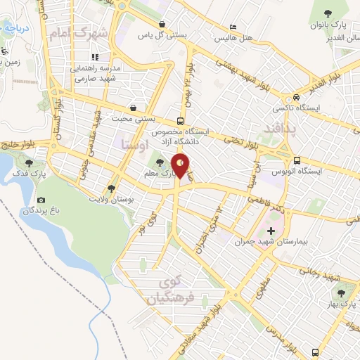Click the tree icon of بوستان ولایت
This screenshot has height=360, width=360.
112,188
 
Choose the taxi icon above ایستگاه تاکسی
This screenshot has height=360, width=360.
297,97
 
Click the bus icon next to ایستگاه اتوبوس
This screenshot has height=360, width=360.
297,160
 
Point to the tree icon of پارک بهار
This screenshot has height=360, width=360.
342,293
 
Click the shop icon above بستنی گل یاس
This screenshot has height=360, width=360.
164,23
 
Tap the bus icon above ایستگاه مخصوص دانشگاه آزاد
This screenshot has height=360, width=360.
182,120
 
